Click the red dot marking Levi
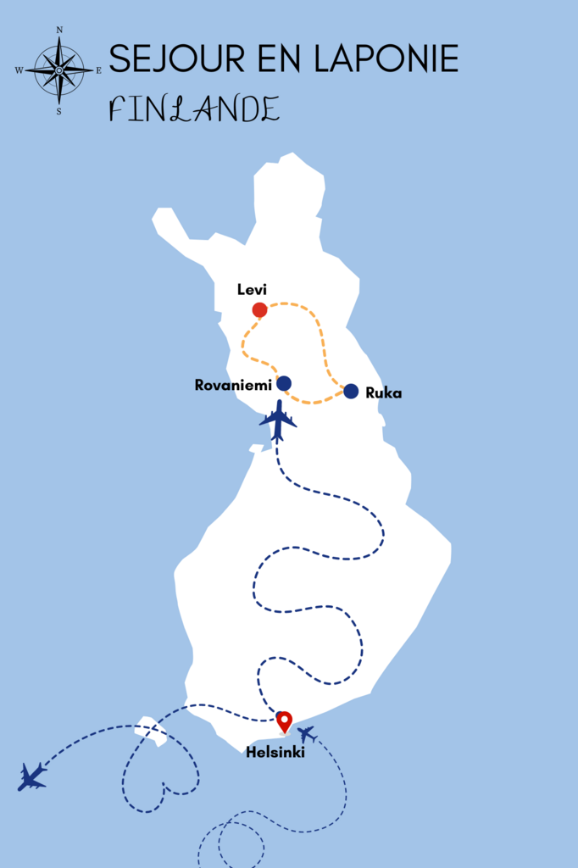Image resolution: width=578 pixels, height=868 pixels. [259, 310]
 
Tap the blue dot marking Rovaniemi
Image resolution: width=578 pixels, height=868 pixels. [284, 383]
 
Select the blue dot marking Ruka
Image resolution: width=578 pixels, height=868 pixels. [351, 391]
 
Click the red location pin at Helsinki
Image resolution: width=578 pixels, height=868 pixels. [284, 721]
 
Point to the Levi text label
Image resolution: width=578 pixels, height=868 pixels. [252, 290]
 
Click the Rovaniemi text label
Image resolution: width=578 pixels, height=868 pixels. [233, 385]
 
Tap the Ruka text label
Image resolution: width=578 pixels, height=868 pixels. [384, 392]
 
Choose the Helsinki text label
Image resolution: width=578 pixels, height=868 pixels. [275, 751]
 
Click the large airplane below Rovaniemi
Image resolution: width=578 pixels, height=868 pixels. [277, 419]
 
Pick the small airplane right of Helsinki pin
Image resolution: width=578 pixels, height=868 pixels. [306, 733]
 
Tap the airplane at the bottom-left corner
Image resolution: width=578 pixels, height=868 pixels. [32, 776]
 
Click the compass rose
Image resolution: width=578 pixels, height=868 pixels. [59, 70]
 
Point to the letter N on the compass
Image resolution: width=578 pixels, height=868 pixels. [59, 31]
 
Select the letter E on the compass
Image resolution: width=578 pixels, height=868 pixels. [98, 70]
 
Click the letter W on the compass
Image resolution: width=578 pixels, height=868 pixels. [19, 70]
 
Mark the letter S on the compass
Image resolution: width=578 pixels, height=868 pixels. [58, 110]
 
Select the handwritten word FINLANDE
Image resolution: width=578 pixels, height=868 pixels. [194, 109]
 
